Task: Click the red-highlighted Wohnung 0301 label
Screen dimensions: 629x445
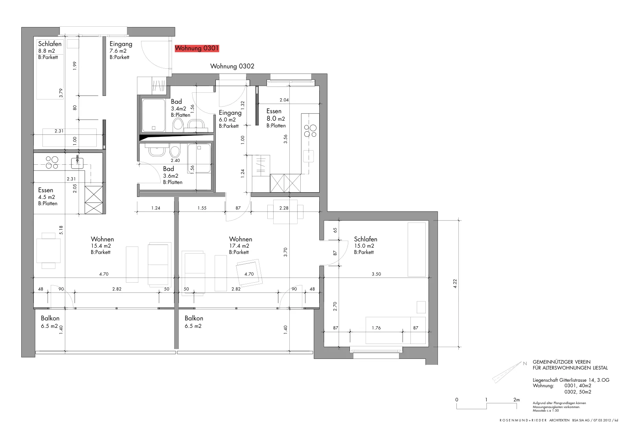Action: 197,48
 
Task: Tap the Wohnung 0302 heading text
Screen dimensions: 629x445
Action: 232,66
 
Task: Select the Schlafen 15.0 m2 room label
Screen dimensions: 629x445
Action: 365,245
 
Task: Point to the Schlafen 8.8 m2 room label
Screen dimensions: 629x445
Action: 50,50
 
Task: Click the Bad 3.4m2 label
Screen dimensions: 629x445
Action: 180,108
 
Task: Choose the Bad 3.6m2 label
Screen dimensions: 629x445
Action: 173,175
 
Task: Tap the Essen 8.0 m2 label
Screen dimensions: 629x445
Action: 276,118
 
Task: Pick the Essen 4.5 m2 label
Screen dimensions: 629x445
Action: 48,197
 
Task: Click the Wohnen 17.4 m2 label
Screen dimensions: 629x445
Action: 240,245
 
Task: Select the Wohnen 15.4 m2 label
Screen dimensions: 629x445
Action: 102,245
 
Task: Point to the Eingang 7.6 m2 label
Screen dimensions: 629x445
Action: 121,50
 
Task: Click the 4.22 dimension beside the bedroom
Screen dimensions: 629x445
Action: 455,283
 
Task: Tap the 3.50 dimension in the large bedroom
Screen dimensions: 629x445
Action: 376,274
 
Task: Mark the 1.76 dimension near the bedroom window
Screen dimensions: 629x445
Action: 376,327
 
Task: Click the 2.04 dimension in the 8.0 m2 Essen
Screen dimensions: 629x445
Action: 284,100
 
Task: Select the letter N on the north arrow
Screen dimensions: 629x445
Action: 525,364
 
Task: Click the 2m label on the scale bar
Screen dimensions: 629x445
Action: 517,399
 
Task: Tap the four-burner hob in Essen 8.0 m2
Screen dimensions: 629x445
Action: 310,131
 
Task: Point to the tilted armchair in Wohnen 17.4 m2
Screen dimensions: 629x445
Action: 249,273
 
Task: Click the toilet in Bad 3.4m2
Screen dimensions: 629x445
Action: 178,124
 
